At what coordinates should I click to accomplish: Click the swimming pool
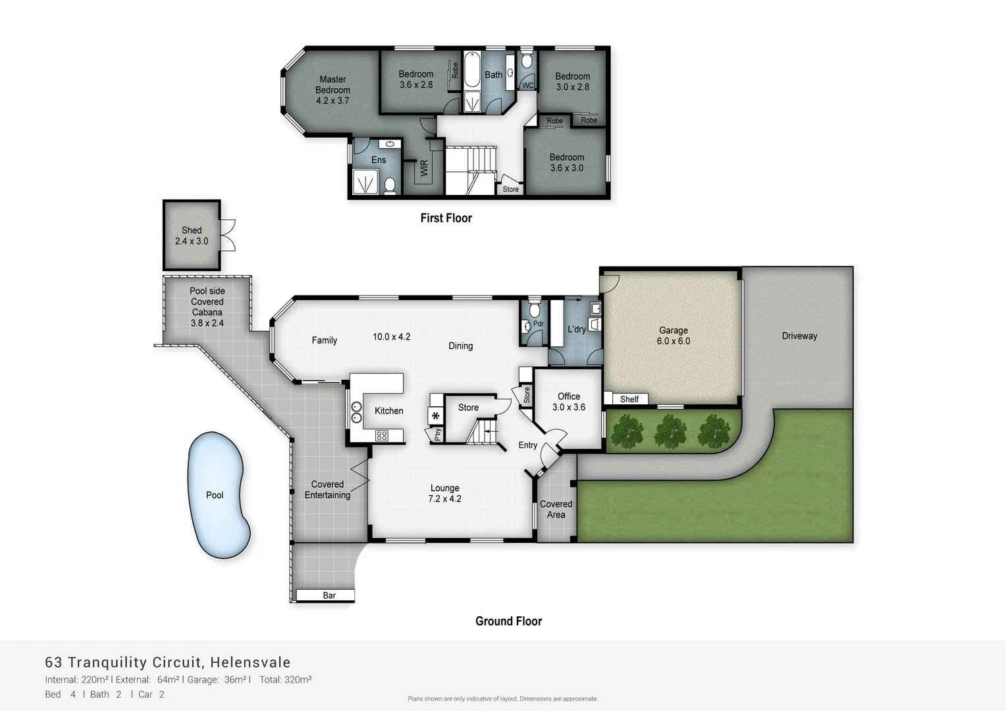(x=218, y=495)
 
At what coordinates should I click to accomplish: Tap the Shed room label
(x=192, y=236)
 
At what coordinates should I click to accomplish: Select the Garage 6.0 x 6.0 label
(x=673, y=336)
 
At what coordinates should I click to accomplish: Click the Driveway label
(x=799, y=336)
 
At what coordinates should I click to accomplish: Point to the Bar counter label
(x=329, y=595)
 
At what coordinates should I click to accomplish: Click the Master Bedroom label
(x=332, y=90)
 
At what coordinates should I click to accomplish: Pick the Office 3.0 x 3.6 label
(x=569, y=402)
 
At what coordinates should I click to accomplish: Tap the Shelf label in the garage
(x=629, y=399)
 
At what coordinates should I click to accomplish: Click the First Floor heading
(x=446, y=218)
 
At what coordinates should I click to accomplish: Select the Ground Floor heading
(x=508, y=621)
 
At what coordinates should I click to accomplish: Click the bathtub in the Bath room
(x=472, y=72)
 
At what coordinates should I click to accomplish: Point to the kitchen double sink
(x=356, y=412)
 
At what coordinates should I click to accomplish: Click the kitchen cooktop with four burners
(x=381, y=435)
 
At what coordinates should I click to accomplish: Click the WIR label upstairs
(x=424, y=168)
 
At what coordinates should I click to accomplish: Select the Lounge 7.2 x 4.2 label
(x=445, y=493)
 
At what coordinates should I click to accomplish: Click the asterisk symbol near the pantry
(x=435, y=416)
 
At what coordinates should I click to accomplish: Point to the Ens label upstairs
(x=379, y=160)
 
